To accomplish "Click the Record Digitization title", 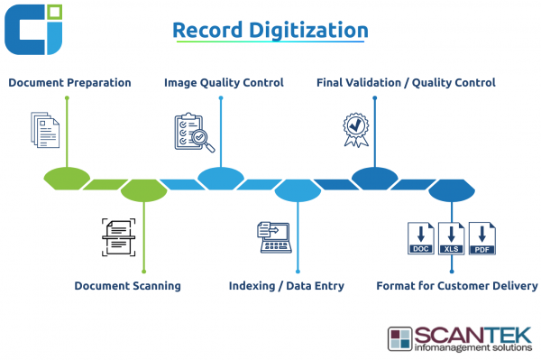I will tap(270, 30).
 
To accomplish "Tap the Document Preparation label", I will tap(69, 83).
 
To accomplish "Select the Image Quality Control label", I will tap(224, 83).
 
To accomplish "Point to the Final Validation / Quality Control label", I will tap(406, 83).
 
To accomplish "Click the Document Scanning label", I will tap(127, 286).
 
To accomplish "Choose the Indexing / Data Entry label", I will tap(287, 286).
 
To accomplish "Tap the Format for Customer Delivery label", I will tap(456, 286).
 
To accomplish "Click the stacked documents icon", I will tap(46, 130).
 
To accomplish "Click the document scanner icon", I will tap(119, 236).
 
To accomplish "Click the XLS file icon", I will tap(451, 238).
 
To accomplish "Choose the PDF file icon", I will tap(482, 238).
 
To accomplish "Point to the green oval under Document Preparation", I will tap(67, 178).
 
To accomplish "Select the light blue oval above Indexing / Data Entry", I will tap(298, 190).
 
